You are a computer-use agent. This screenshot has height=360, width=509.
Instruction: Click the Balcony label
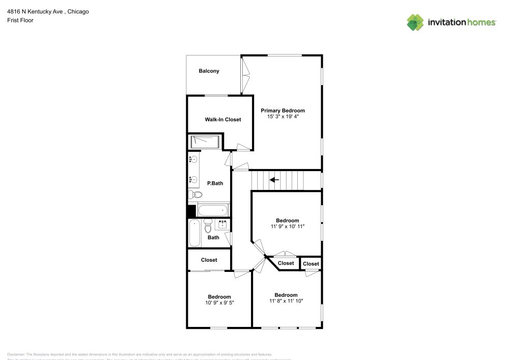point(209,71)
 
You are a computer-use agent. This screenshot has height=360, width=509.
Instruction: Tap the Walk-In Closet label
point(223,120)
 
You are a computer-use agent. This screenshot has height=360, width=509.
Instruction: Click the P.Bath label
point(214,183)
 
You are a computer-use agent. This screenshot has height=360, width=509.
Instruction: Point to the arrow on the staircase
point(274,179)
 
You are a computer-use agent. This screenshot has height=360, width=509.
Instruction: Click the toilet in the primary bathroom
point(195,194)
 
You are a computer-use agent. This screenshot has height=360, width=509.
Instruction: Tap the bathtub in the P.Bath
point(213,210)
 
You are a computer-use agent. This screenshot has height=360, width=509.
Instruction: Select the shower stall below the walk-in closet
point(205,142)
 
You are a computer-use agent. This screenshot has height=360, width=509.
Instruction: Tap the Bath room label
point(213,237)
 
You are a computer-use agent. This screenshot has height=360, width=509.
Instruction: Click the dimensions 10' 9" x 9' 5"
point(219,302)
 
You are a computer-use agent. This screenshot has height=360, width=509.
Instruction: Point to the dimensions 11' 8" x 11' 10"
point(286,301)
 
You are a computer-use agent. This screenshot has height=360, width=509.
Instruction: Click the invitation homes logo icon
point(415,22)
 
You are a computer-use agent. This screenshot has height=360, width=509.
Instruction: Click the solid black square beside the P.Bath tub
point(192,211)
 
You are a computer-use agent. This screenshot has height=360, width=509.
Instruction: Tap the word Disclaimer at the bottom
point(16,354)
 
